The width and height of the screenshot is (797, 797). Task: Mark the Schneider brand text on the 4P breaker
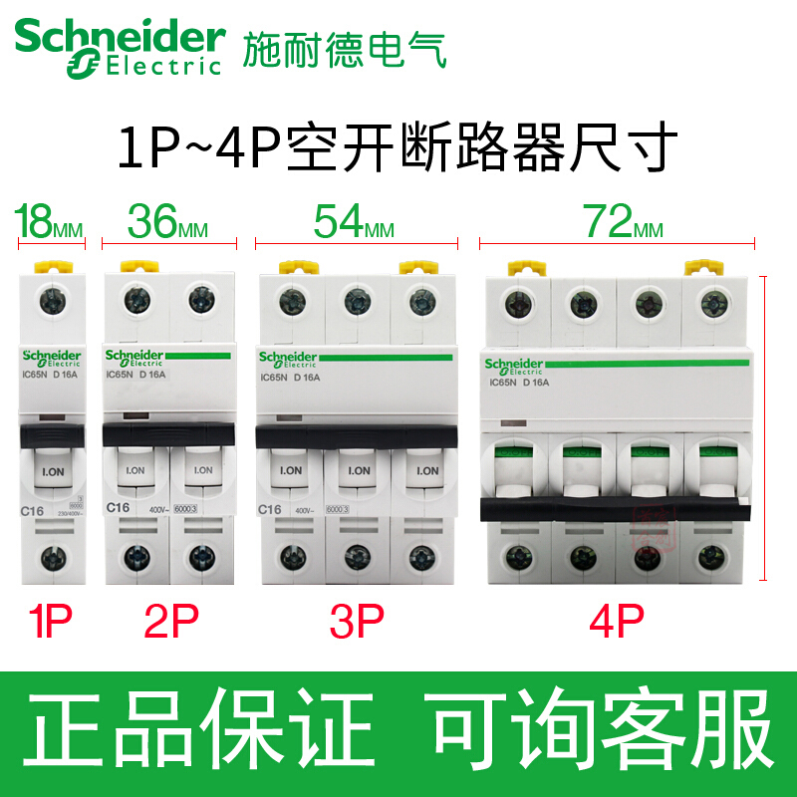[514, 365]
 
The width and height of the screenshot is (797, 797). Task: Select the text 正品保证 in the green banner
[198, 733]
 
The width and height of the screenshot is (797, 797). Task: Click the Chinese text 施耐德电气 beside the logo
[345, 46]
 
